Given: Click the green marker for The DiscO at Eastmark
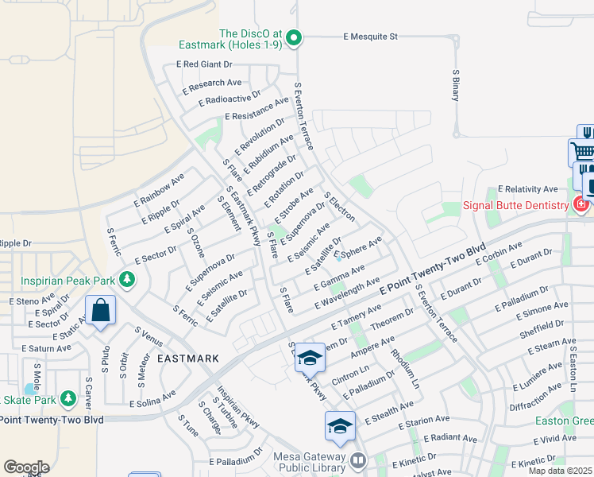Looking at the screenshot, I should point(294,37).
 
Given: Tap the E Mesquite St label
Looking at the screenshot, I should point(369,37).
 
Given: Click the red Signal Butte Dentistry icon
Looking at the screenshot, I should point(580,205).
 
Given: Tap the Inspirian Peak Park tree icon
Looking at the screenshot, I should point(126,280).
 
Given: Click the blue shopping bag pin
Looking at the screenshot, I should point(102,311).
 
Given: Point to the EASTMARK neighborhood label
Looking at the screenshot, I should point(187,359).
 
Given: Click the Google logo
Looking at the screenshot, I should point(26,467).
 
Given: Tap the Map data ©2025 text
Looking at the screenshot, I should point(560,471).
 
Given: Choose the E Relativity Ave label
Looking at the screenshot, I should point(527,189).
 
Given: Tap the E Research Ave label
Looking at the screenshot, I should point(212,83).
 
